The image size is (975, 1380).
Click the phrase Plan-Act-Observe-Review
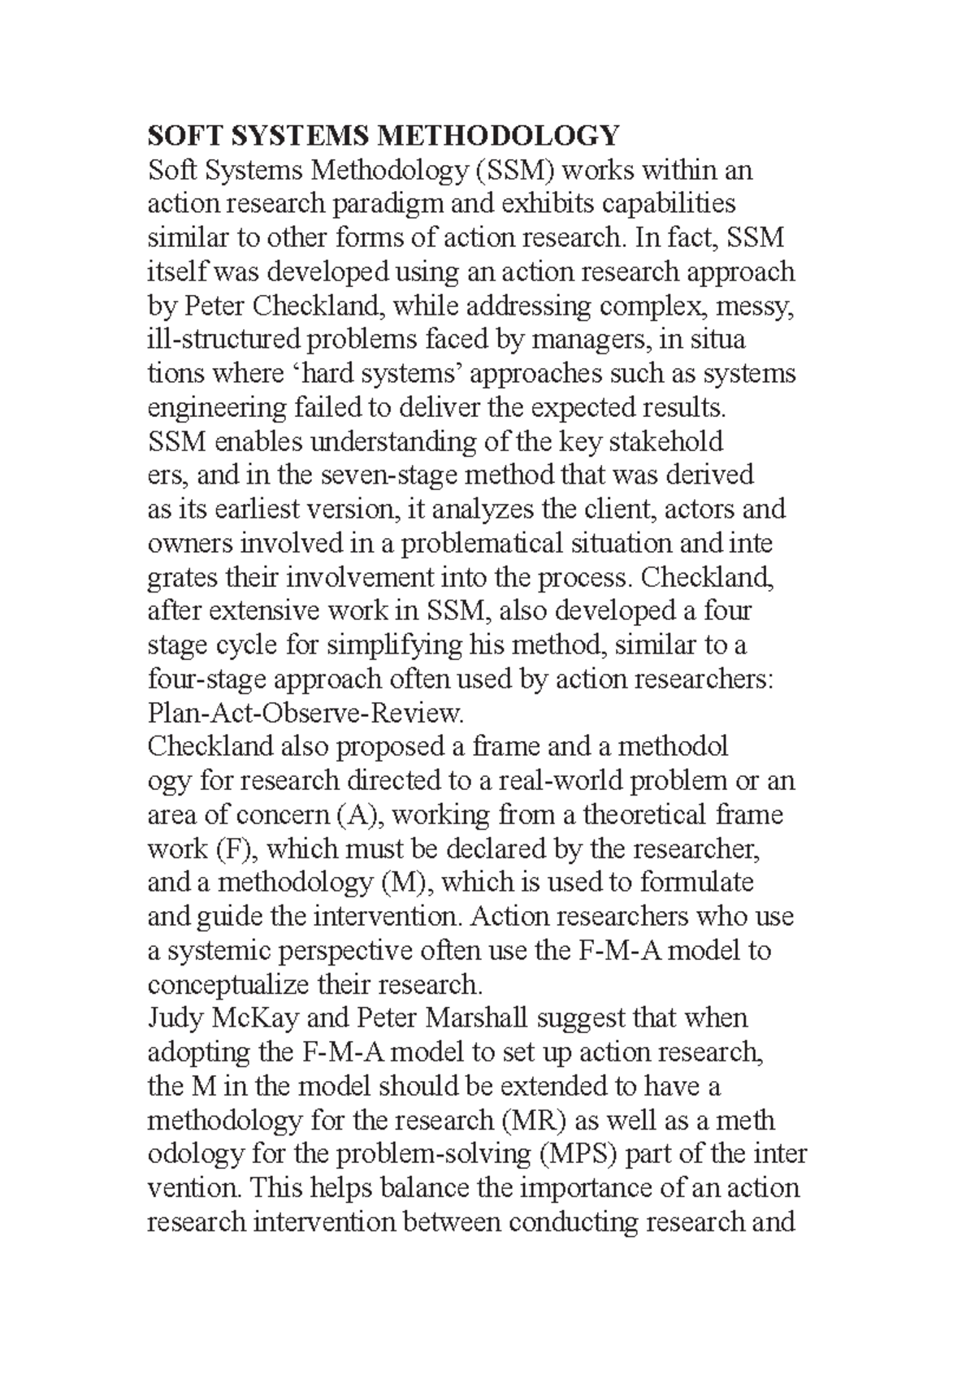(x=305, y=714)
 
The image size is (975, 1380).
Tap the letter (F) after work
(x=236, y=849)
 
